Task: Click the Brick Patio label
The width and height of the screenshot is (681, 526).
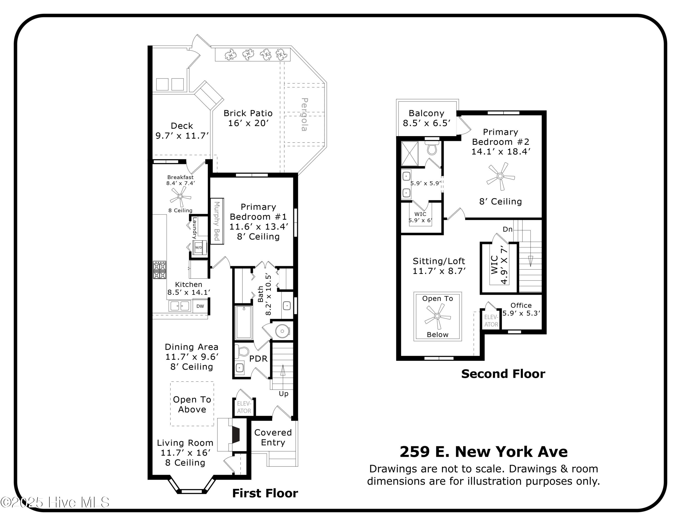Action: coord(248,118)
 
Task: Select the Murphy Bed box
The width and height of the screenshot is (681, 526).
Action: coord(217,221)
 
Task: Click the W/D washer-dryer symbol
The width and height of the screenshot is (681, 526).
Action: coord(199,247)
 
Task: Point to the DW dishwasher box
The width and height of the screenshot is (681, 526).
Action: coord(200,306)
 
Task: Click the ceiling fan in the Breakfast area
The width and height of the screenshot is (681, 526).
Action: coord(180,196)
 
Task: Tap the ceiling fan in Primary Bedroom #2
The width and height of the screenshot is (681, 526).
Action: coord(500,176)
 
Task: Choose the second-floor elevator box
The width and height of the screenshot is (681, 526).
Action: coord(491,321)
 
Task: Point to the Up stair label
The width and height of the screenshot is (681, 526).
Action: coord(284,393)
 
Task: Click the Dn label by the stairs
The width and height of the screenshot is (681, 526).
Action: coord(508,229)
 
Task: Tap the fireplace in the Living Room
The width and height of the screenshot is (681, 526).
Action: coord(235,435)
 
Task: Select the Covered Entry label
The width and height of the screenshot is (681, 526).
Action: coord(273,437)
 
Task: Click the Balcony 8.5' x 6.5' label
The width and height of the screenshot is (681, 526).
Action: coord(426,118)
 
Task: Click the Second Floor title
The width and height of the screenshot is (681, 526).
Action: coord(503,374)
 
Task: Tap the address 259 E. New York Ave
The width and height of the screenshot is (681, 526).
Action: coord(483,452)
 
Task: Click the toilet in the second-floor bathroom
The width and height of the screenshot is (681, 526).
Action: coord(432,149)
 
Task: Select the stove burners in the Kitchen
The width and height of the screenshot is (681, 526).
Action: coord(159,270)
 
